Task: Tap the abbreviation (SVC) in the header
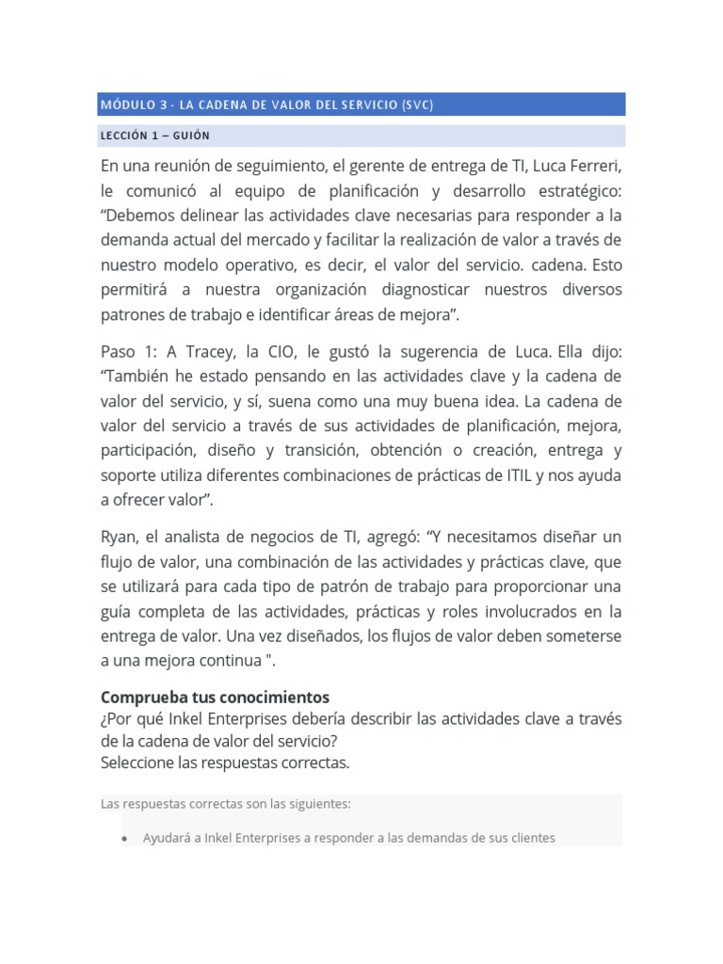[416, 104]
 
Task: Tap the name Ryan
[119, 537]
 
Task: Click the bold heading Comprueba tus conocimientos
[215, 698]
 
